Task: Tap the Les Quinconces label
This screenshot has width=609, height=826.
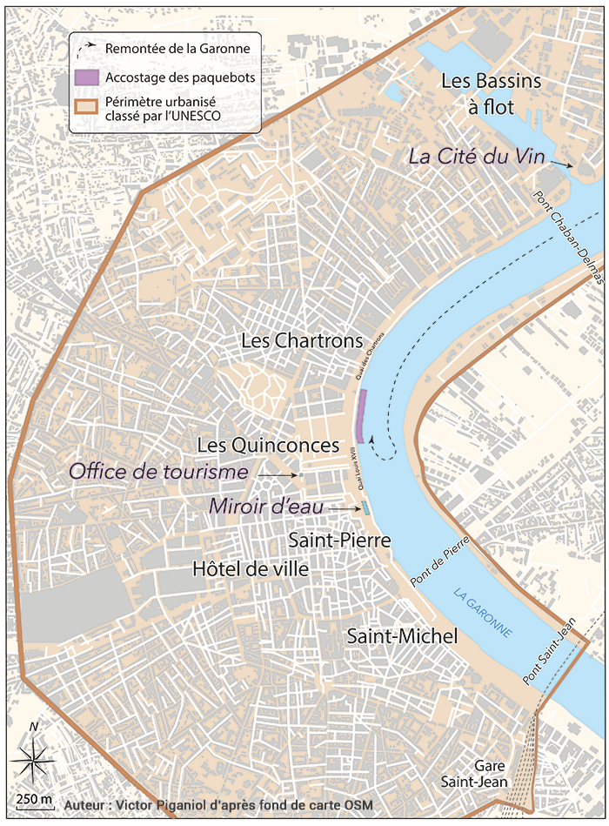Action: (268, 445)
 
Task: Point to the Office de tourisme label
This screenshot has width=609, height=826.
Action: (158, 472)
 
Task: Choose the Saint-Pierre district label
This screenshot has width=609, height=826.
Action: (339, 541)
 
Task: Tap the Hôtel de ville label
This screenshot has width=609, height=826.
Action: (250, 569)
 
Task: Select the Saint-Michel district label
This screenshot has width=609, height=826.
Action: (402, 637)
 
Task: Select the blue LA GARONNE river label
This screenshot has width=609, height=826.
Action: (483, 613)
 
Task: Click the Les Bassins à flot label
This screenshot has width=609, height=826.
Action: (491, 93)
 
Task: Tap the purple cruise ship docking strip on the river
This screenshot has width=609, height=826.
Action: (361, 416)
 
